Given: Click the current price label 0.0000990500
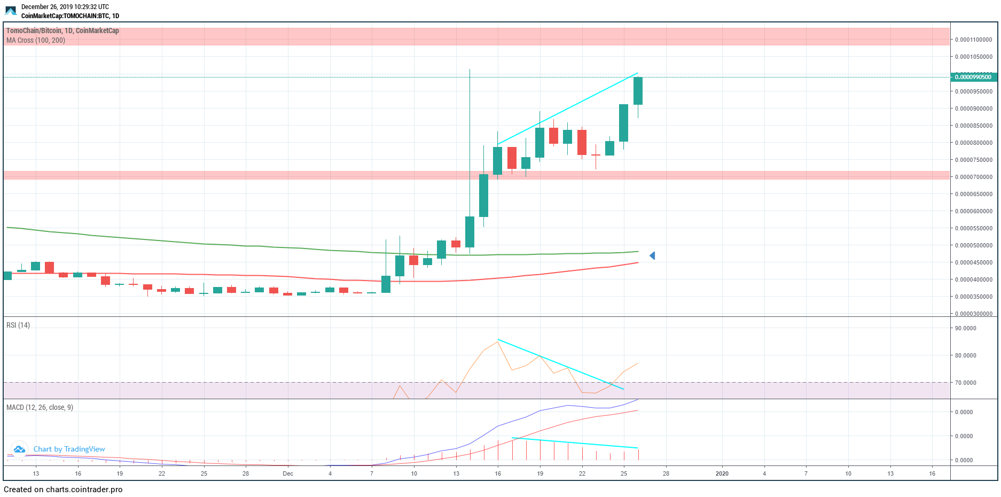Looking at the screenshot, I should [x=973, y=77].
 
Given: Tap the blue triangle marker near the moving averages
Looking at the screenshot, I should [x=652, y=256].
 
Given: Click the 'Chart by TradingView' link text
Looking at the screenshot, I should [x=69, y=449].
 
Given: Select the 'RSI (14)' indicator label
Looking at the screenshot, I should [x=18, y=325].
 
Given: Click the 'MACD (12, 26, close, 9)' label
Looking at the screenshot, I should [x=40, y=407].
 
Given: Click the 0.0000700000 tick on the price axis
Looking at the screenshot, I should [x=973, y=177].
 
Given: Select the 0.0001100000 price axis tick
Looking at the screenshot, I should [x=973, y=40].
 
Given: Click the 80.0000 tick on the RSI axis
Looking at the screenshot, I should [x=965, y=355].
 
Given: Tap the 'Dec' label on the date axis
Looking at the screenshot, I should [x=288, y=473].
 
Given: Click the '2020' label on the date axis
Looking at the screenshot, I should [x=722, y=473].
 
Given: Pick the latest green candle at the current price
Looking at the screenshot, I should [x=638, y=91].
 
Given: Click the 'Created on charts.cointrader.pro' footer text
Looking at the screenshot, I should [x=63, y=490].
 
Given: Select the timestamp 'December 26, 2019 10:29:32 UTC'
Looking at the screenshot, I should [x=65, y=7].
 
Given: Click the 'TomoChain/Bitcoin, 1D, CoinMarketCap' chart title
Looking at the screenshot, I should [x=62, y=30].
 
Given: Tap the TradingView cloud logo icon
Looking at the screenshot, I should [x=19, y=449].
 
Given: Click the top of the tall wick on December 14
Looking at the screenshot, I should [x=470, y=69].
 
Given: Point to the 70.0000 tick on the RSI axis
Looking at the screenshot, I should [x=965, y=383].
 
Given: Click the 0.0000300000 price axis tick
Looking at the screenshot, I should [x=973, y=314].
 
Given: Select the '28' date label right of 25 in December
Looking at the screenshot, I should [x=666, y=473].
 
